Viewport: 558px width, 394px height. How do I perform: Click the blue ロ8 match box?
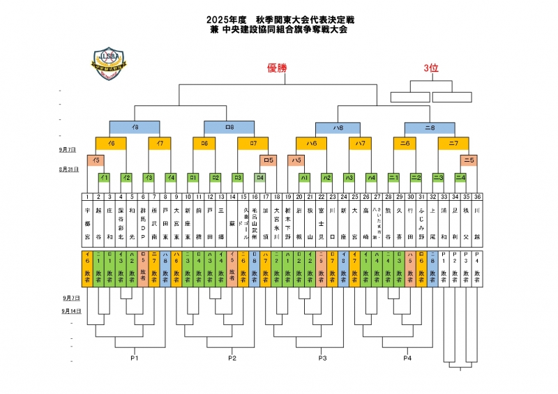point(229,127)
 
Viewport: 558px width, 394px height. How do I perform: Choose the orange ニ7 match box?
point(453,143)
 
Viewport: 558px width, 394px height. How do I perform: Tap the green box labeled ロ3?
point(238,178)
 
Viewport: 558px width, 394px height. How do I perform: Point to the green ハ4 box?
point(371,178)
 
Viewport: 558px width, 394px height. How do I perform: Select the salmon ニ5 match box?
point(469,160)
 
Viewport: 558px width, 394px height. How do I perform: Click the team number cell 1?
point(87,197)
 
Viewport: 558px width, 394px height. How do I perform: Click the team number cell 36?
point(477,197)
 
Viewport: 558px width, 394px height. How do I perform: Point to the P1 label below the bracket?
point(135,358)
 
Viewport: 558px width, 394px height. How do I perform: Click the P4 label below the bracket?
point(408,358)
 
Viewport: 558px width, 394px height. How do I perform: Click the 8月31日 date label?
point(68,169)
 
